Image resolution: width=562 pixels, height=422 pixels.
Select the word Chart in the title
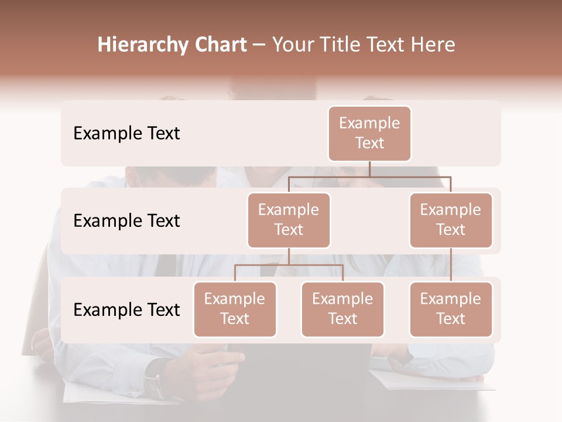[220, 45]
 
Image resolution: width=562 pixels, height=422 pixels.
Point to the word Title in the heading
[341, 45]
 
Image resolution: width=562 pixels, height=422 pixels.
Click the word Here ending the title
[431, 45]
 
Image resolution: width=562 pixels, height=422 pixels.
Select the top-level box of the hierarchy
[369, 134]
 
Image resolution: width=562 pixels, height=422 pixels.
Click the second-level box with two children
[289, 220]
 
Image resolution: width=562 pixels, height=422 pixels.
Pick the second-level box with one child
[451, 220]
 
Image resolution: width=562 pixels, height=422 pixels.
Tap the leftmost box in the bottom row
[235, 309]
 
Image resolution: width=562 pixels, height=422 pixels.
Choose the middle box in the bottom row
[342, 309]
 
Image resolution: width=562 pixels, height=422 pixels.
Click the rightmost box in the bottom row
[451, 309]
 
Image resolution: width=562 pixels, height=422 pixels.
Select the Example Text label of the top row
[126, 134]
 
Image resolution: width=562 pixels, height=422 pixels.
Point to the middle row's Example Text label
[126, 221]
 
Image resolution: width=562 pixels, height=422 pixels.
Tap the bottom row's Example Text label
[126, 309]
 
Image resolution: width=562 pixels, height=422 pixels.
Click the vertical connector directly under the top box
[369, 169]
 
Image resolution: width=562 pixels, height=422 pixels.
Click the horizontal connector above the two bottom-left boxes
[289, 265]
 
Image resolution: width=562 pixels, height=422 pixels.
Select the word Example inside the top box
[369, 123]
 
